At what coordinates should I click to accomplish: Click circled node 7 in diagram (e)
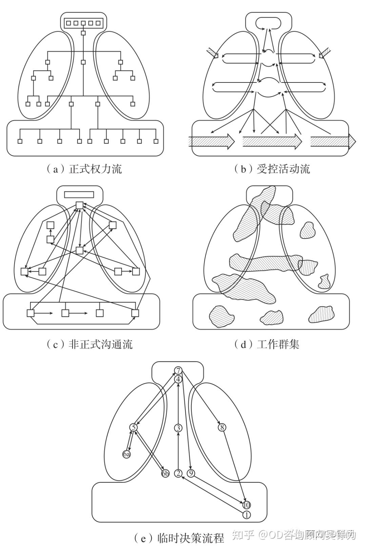click(x=178, y=370)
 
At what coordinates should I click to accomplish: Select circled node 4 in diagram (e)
click(x=178, y=379)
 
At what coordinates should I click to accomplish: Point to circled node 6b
click(x=165, y=474)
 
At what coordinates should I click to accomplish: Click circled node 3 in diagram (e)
click(x=178, y=428)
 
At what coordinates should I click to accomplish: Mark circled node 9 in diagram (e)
click(x=191, y=473)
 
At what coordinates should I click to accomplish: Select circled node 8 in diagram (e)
click(x=222, y=428)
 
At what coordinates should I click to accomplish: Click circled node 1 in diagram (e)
click(x=247, y=515)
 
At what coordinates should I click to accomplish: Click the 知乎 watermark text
click(x=242, y=535)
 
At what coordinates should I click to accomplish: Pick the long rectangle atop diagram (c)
click(x=79, y=194)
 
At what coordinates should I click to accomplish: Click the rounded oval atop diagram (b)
click(x=268, y=23)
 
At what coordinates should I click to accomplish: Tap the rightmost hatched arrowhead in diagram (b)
click(x=352, y=140)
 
